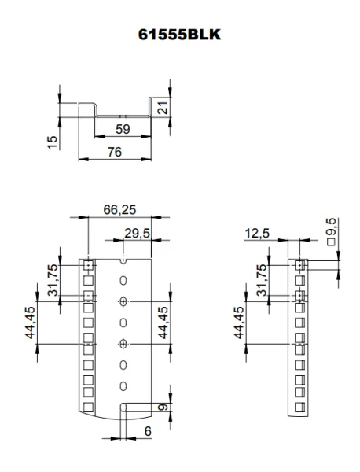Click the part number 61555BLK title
(179, 35)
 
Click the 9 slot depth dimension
(161, 408)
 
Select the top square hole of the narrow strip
(299, 266)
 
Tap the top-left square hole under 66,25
(88, 265)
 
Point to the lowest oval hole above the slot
(123, 386)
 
